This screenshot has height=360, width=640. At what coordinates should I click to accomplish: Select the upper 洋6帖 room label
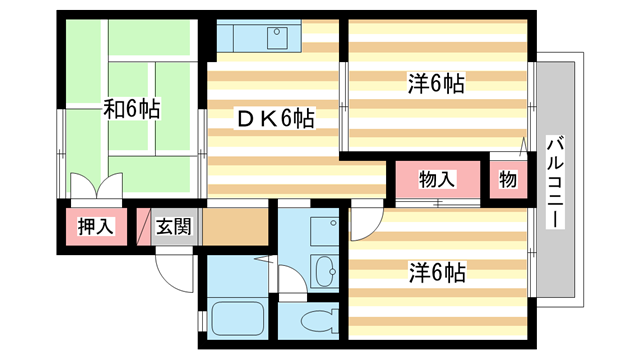(x=436, y=84)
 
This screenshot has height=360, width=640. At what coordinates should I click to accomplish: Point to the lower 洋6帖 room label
(x=436, y=271)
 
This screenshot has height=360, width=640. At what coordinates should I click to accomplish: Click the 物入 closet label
(x=437, y=180)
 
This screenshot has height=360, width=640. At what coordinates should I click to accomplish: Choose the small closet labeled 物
(x=507, y=180)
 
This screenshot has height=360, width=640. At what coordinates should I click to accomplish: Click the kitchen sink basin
(x=275, y=38)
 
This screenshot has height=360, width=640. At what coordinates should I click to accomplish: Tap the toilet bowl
(x=317, y=323)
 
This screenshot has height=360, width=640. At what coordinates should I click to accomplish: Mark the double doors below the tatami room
(x=96, y=187)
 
